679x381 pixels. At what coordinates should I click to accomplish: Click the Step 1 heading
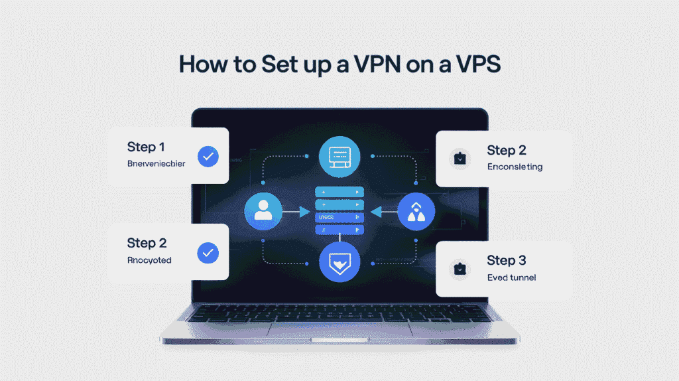[x=146, y=147]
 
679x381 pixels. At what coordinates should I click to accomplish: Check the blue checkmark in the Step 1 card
[x=208, y=157]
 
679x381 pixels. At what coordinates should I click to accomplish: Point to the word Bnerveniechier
[x=156, y=163]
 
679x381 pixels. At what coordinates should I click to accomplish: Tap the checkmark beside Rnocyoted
[x=208, y=252]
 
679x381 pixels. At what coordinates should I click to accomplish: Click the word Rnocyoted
[x=149, y=260]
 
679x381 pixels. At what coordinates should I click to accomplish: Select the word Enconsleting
[x=515, y=167]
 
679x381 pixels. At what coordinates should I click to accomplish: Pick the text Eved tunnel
[x=511, y=277]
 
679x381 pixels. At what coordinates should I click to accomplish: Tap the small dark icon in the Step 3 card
[x=459, y=269]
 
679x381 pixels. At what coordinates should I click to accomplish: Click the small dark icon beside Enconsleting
[x=459, y=158]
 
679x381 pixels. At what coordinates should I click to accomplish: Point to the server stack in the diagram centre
[x=339, y=211]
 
